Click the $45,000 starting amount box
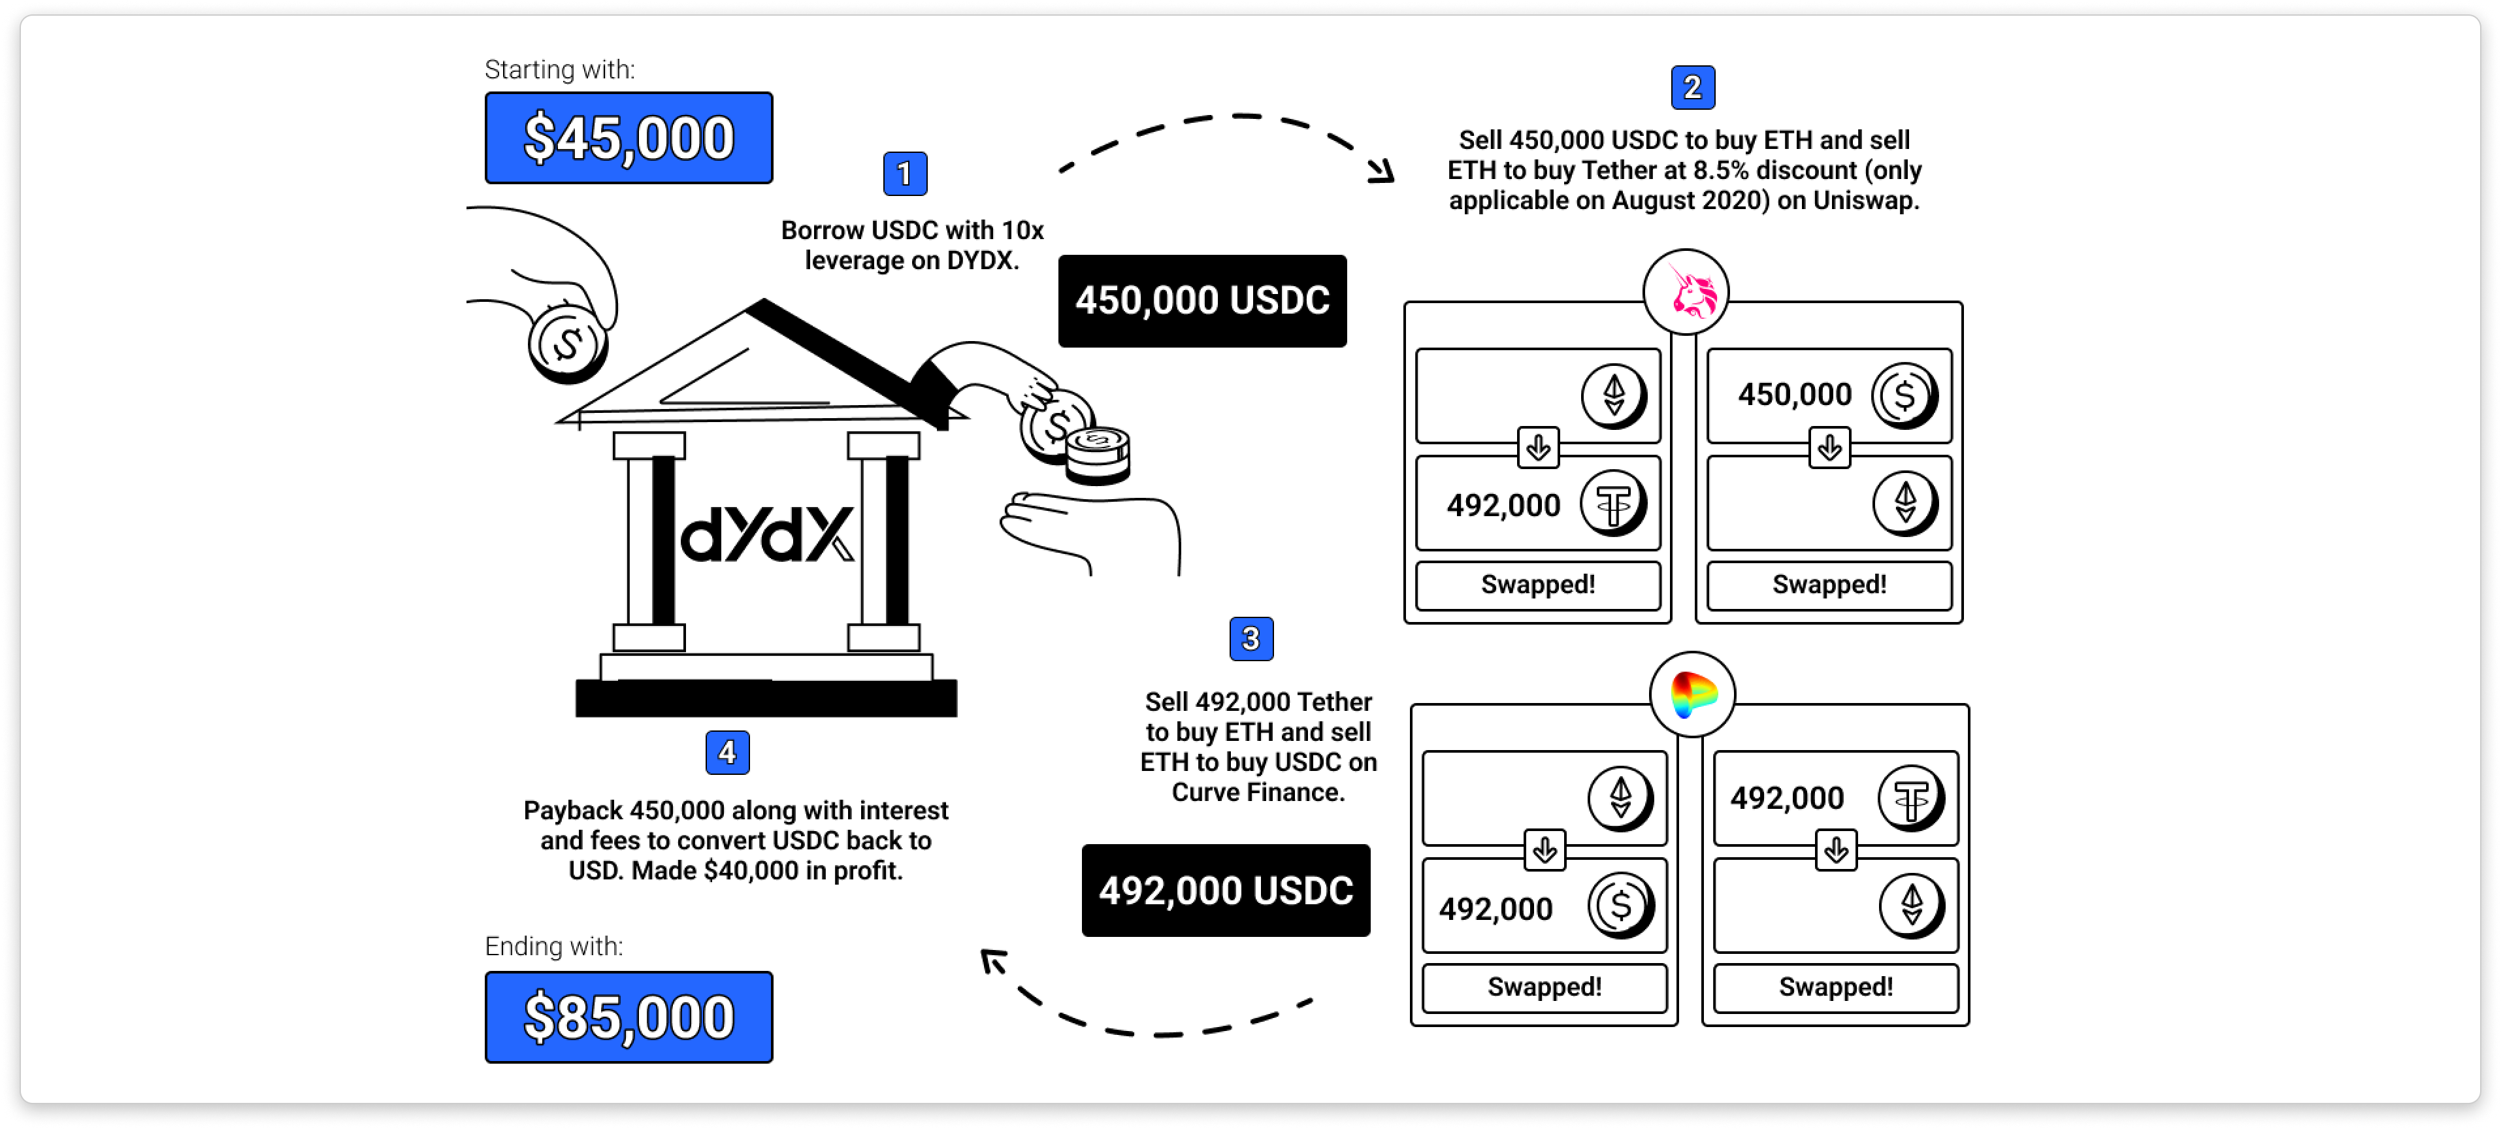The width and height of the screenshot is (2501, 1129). pos(628,138)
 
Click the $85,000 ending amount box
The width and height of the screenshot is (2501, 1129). pos(628,1017)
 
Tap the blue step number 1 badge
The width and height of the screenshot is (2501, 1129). pos(905,174)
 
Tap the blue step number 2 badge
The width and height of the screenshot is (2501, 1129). pos(1692,88)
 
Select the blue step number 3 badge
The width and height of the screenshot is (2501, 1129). pos(1250,639)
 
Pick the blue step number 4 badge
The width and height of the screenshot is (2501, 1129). pos(727,753)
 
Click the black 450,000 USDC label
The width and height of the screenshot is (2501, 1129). pos(1202,301)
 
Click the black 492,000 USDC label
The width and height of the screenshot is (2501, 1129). pos(1225,890)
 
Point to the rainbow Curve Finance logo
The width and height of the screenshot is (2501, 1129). pos(1692,694)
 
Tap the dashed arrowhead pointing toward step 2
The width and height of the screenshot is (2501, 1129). pos(1382,172)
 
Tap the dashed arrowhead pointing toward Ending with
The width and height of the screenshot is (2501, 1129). pos(992,961)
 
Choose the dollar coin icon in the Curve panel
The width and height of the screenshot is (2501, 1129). pos(1620,906)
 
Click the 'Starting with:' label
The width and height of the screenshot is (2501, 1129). pos(559,70)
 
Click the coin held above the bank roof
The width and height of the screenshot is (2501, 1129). pos(567,342)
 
